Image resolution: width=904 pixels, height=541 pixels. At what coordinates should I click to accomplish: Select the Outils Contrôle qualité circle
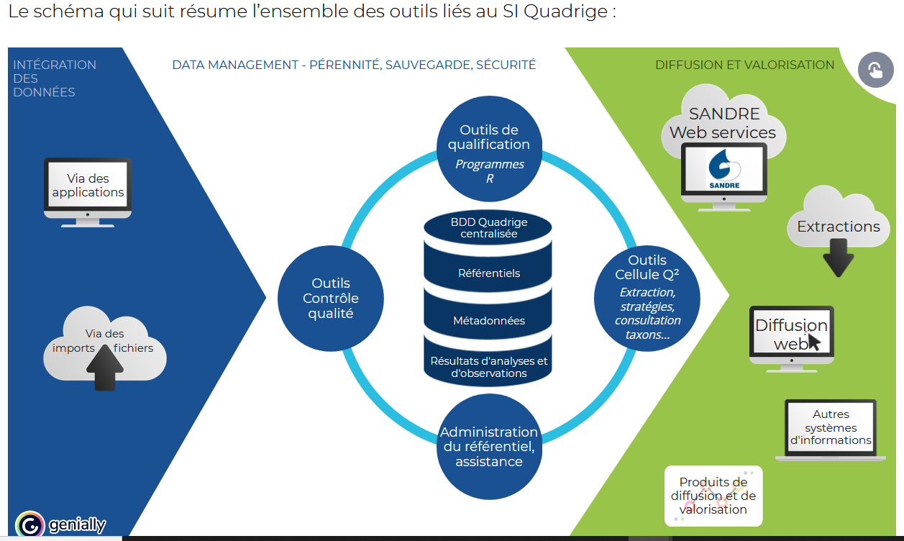pyautogui.click(x=330, y=299)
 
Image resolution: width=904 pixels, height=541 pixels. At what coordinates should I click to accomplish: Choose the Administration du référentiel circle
pyautogui.click(x=488, y=446)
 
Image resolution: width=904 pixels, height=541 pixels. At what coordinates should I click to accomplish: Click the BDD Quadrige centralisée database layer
pyautogui.click(x=488, y=228)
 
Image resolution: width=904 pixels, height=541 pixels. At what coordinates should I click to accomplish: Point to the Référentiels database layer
pyautogui.click(x=488, y=273)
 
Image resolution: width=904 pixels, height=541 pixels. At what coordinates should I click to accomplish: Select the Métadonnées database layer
pyautogui.click(x=488, y=321)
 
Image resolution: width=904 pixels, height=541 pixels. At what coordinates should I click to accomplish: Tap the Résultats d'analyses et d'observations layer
pyautogui.click(x=488, y=367)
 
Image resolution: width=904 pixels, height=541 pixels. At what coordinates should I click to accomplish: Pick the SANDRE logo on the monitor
pyautogui.click(x=723, y=171)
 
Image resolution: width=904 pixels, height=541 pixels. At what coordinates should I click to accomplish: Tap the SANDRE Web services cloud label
pyautogui.click(x=723, y=123)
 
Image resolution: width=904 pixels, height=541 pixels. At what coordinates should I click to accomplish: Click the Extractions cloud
pyautogui.click(x=838, y=226)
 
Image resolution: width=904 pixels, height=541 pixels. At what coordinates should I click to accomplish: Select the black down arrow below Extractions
pyautogui.click(x=838, y=258)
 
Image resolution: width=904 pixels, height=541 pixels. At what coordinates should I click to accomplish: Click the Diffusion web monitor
pyautogui.click(x=791, y=334)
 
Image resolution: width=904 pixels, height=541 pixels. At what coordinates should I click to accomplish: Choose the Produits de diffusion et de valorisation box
pyautogui.click(x=713, y=496)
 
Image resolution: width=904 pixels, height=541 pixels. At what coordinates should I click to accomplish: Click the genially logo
pyautogui.click(x=60, y=524)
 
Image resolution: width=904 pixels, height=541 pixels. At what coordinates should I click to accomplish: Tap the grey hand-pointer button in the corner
pyautogui.click(x=875, y=71)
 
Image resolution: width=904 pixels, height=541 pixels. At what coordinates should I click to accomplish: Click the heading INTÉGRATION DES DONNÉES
pyautogui.click(x=54, y=78)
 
